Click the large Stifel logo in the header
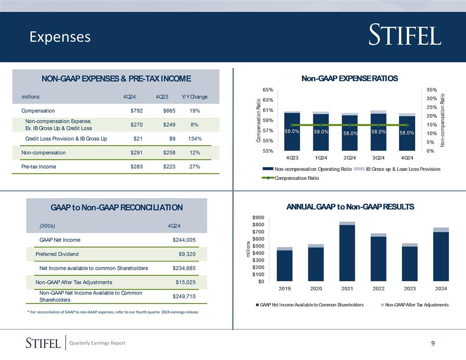(405, 36)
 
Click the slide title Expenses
(60, 37)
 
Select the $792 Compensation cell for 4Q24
(136, 111)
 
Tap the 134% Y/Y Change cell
(195, 139)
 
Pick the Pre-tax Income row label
(39, 167)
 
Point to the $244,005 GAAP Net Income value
(184, 240)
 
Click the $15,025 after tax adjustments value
(185, 282)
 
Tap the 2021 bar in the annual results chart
(347, 251)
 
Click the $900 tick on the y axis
(258, 217)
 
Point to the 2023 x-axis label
(410, 289)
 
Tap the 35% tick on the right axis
(432, 90)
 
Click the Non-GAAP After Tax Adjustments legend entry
(416, 305)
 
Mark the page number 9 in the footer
(433, 343)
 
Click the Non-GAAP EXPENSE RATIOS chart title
(349, 79)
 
